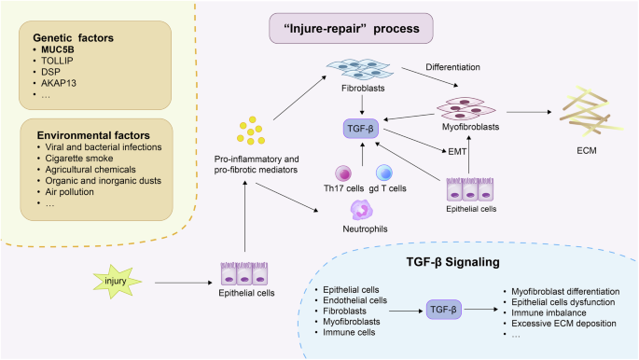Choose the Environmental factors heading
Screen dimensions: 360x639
coord(87,131)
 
